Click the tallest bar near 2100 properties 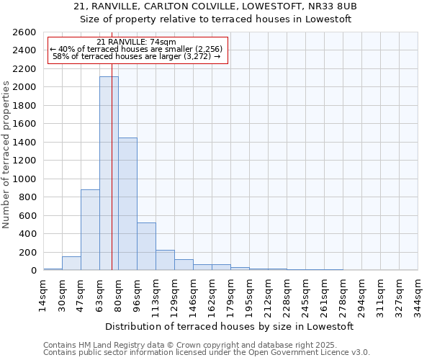point(109,173)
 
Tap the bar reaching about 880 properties point(90,230)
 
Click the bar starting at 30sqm point(71,264)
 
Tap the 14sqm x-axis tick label point(43,293)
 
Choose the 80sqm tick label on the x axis point(118,293)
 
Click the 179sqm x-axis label point(230,293)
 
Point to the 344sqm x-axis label point(418,293)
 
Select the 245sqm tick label point(305,293)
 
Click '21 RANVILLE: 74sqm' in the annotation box point(136,42)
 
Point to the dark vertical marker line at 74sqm point(112,180)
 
